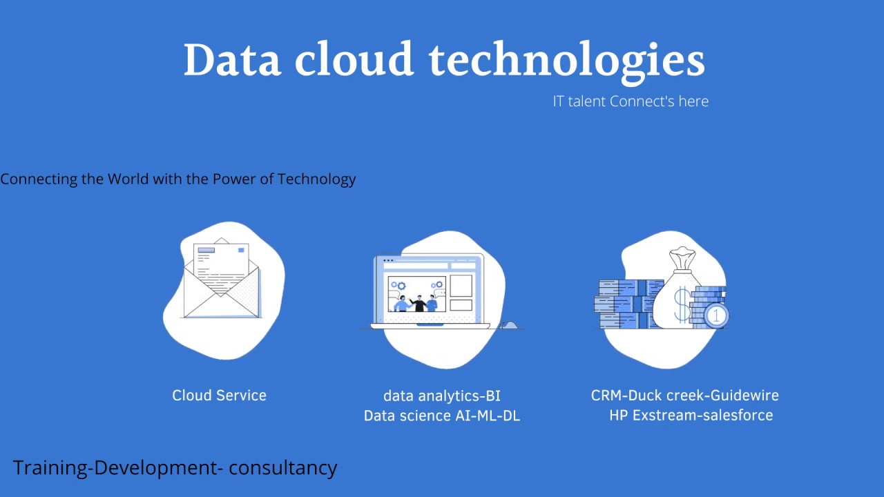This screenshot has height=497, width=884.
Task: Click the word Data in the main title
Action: pos(232,60)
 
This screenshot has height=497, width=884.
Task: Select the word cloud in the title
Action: pos(354,60)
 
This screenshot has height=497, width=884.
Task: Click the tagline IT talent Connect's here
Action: pos(631,101)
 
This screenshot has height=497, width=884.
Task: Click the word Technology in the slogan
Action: pos(316,179)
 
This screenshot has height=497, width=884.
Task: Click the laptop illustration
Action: pos(430,291)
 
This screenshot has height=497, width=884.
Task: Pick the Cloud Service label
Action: pos(219,396)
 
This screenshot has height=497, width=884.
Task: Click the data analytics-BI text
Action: pos(442,396)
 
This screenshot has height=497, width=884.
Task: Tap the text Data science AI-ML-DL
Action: pos(442,416)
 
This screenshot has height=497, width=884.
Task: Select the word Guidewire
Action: pos(744,396)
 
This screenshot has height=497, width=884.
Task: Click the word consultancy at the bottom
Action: pos(283,468)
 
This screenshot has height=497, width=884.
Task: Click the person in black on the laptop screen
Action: pos(416,304)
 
